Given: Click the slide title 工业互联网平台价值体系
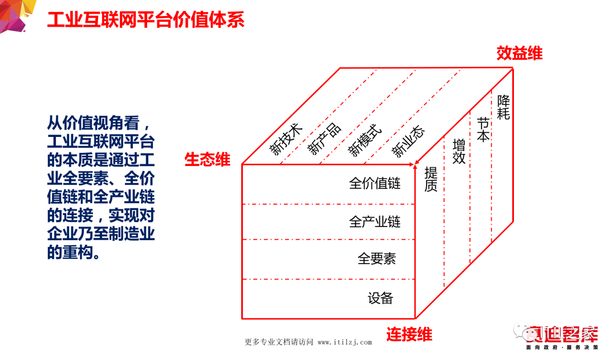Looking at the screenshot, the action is click(145, 19).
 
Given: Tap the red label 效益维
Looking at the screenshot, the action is click(518, 53).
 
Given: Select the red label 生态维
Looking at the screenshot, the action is click(207, 159).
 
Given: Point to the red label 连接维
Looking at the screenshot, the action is click(409, 334).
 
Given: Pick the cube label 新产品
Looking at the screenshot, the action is click(324, 139).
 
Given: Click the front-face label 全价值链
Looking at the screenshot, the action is click(375, 183).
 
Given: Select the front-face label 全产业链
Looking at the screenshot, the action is click(375, 221).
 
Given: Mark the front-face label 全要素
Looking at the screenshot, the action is click(376, 258).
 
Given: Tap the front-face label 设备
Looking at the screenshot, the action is click(380, 298).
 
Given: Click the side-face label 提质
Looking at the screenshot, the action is click(431, 179).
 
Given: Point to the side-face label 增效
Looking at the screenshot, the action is click(459, 151).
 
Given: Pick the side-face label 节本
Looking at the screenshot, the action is click(483, 130).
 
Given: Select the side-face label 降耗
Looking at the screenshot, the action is click(503, 107).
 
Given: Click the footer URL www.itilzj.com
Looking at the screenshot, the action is click(345, 342).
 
